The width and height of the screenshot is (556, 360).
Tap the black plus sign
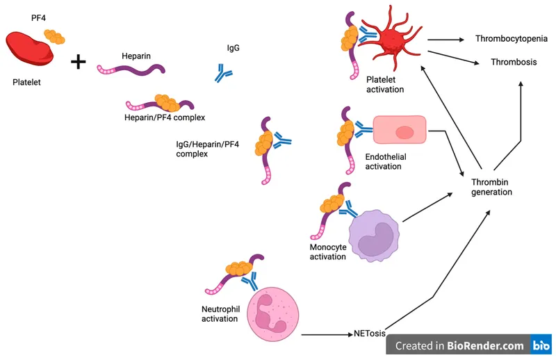[x=79, y=63]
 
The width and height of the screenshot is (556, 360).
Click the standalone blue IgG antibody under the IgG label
[x=223, y=73]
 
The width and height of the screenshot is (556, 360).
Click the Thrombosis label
[x=514, y=62]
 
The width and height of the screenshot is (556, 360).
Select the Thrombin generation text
[x=491, y=187]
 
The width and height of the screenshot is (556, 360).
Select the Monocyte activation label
[x=328, y=252]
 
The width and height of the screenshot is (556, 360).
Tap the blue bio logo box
[x=541, y=345]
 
